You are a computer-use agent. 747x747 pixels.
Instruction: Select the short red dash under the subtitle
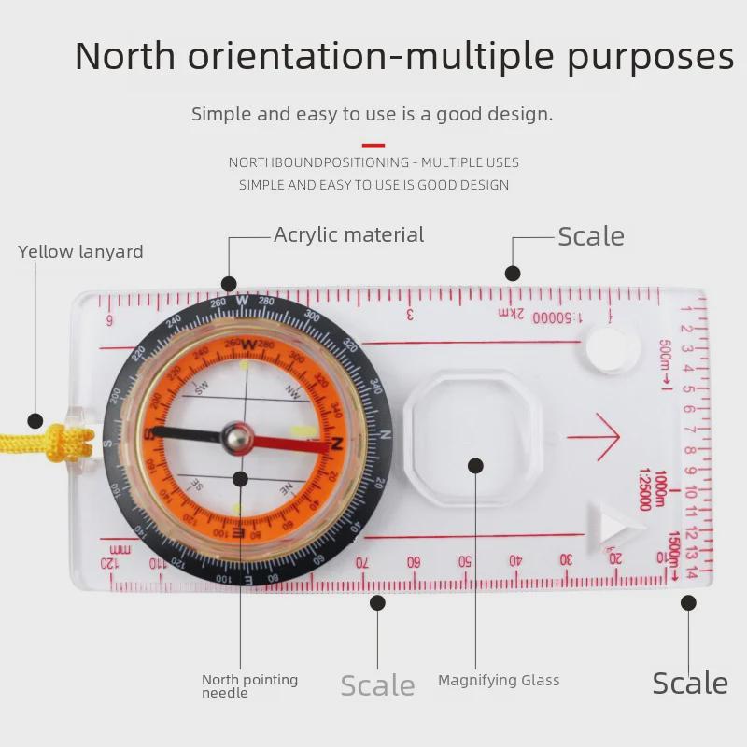[373, 145]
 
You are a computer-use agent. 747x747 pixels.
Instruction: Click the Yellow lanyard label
[80, 252]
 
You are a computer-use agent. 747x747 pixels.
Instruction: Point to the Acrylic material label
[348, 235]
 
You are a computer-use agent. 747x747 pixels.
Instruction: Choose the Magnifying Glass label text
[499, 681]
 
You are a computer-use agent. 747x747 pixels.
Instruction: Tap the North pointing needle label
[249, 686]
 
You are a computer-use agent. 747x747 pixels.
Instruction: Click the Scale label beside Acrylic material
[590, 237]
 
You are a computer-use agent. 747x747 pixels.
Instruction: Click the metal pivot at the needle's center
[237, 435]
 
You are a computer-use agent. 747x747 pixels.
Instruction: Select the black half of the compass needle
[187, 432]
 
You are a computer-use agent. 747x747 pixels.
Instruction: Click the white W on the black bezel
[243, 301]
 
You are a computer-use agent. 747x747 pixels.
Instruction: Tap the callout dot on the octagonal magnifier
[475, 465]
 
